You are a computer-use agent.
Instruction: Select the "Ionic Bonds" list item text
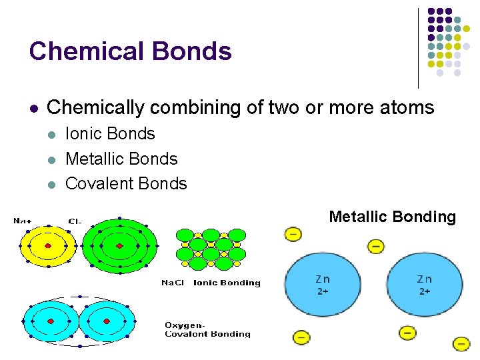[x=110, y=134]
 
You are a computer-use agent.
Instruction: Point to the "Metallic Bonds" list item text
[x=121, y=159]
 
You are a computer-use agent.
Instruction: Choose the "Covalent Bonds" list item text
[x=126, y=183]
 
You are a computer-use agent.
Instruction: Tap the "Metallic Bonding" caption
[x=392, y=217]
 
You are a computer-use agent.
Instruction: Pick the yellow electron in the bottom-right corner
[x=461, y=344]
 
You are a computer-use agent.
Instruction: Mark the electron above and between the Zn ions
[x=376, y=247]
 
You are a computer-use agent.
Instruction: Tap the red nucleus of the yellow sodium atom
[x=48, y=247]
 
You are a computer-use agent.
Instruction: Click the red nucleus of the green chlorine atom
[x=119, y=247]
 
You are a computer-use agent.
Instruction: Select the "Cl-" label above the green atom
[x=75, y=221]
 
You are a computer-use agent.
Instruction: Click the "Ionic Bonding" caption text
[x=227, y=283]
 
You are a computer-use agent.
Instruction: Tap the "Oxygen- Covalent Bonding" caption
[x=207, y=329]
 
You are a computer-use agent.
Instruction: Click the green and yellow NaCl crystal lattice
[x=210, y=249]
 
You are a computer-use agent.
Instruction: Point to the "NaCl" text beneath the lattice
[x=173, y=283]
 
